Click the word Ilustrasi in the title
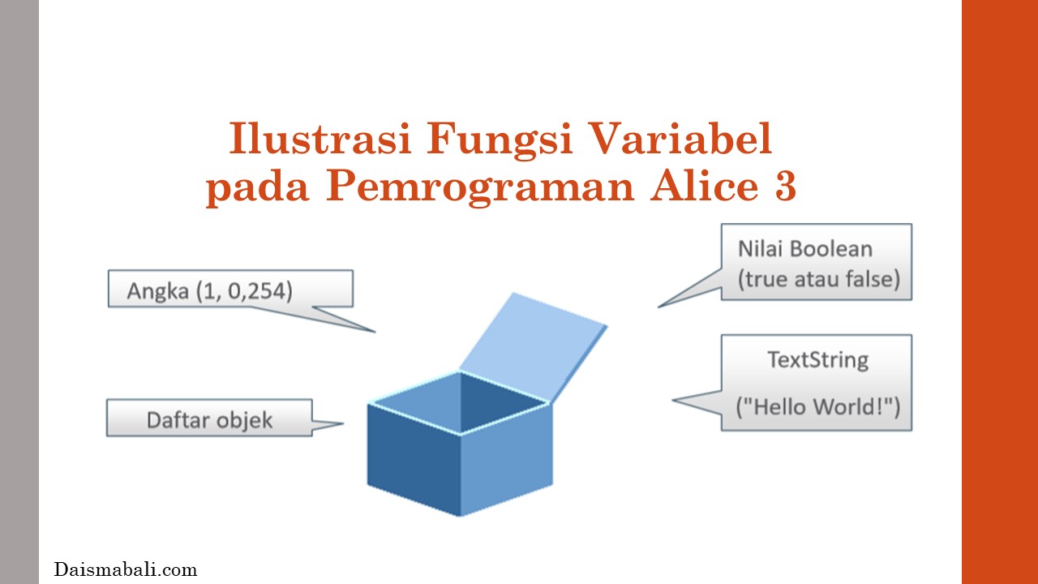click(320, 138)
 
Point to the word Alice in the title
click(705, 186)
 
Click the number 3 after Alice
click(785, 186)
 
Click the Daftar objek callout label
click(209, 421)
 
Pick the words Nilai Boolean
click(805, 249)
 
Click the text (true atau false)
click(819, 280)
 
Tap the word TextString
click(818, 361)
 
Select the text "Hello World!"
click(818, 407)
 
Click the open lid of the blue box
click(533, 346)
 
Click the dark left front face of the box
click(414, 459)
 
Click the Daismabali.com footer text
click(126, 569)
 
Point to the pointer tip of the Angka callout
click(375, 332)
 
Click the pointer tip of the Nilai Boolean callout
click(658, 307)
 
